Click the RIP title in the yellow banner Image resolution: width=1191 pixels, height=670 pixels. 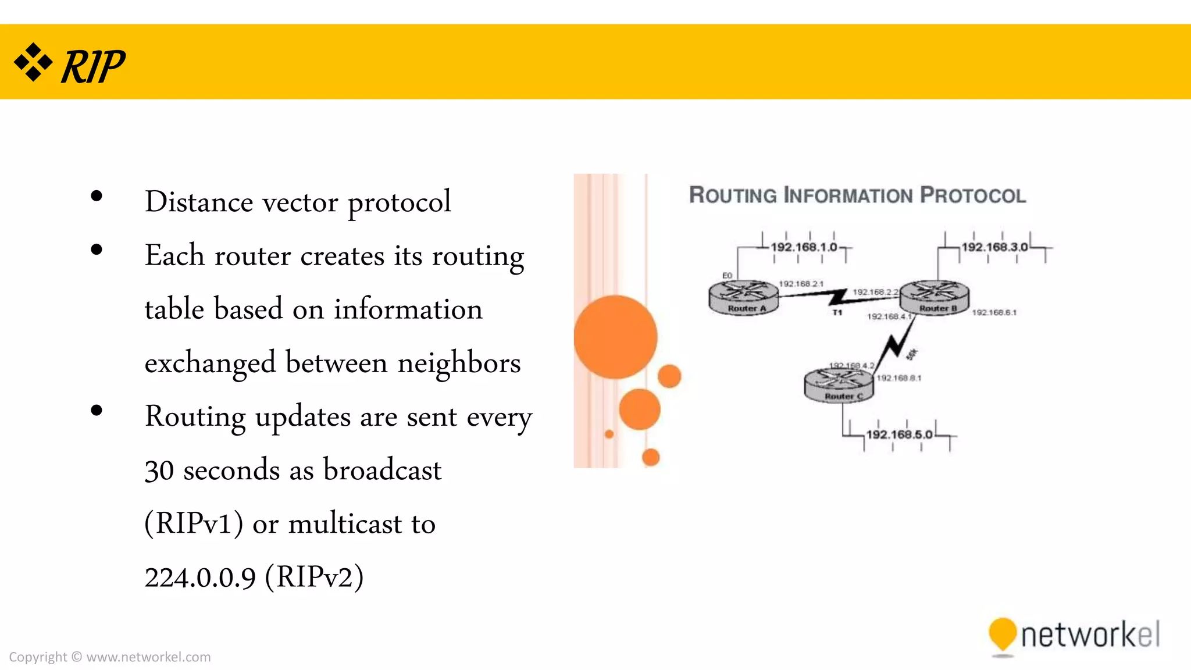[93, 66]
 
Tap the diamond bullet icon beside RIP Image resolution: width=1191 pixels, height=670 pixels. [33, 62]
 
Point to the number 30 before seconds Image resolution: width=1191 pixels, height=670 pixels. [159, 470]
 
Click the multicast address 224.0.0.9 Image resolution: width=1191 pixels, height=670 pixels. [200, 578]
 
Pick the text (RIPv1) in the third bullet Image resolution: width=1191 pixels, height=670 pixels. [194, 523]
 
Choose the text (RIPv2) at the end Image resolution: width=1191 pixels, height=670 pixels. [314, 578]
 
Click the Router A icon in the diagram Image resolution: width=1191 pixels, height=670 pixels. [744, 297]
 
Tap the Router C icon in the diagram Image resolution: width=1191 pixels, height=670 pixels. [839, 384]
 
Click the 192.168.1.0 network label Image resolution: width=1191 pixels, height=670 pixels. [804, 247]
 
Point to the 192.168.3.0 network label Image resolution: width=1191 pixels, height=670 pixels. [994, 247]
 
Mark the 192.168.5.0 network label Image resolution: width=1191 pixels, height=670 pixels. [899, 434]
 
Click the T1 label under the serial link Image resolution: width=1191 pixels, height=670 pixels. [837, 313]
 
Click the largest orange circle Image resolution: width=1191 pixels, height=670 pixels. [615, 337]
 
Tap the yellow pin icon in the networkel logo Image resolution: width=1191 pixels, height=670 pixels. [1002, 635]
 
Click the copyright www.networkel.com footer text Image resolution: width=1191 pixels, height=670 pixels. [110, 657]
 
